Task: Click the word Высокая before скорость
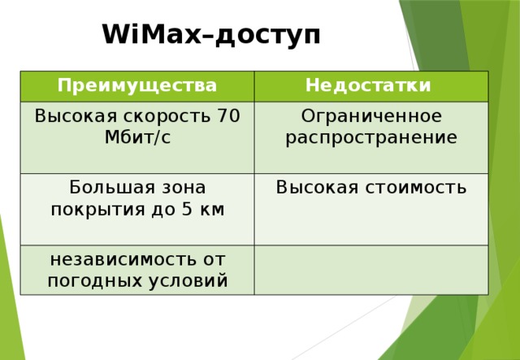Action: (71, 115)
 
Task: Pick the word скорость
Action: (165, 115)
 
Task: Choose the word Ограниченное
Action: (371, 116)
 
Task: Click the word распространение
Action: (371, 137)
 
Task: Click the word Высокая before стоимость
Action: (318, 188)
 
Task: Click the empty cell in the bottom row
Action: (370, 270)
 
